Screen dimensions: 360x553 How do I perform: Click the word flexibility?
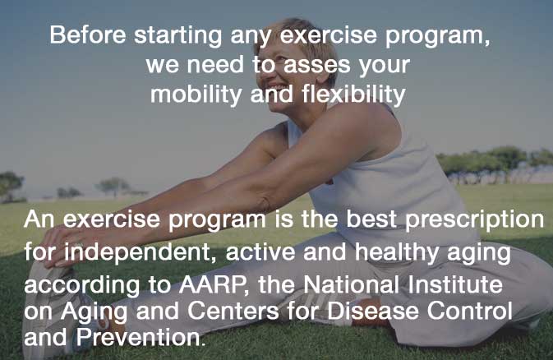[x=348, y=94]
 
